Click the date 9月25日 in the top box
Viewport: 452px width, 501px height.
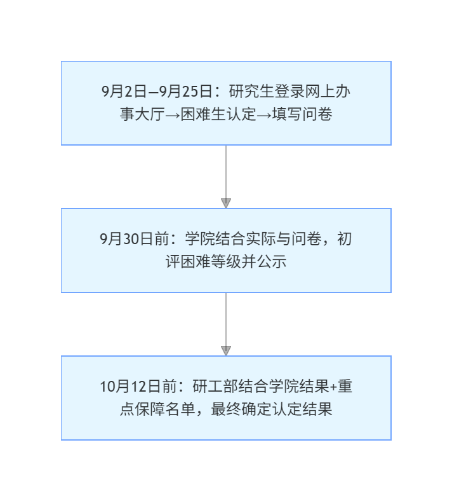click(x=185, y=92)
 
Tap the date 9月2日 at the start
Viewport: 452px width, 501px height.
click(x=124, y=92)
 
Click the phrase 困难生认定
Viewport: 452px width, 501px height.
click(x=218, y=114)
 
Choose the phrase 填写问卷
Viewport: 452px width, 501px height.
click(x=302, y=114)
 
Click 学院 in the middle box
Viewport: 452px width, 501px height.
click(x=201, y=239)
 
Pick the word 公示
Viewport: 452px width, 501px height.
click(x=272, y=262)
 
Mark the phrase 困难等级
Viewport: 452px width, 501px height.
click(x=204, y=262)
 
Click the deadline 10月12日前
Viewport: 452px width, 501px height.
click(x=138, y=387)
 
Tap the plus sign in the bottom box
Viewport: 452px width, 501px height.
click(x=333, y=387)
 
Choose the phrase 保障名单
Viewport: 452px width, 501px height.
click(x=164, y=409)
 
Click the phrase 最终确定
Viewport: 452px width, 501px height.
click(x=241, y=409)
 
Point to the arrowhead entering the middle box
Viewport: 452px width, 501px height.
click(x=226, y=203)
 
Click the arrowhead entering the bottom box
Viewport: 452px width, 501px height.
click(x=226, y=351)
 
